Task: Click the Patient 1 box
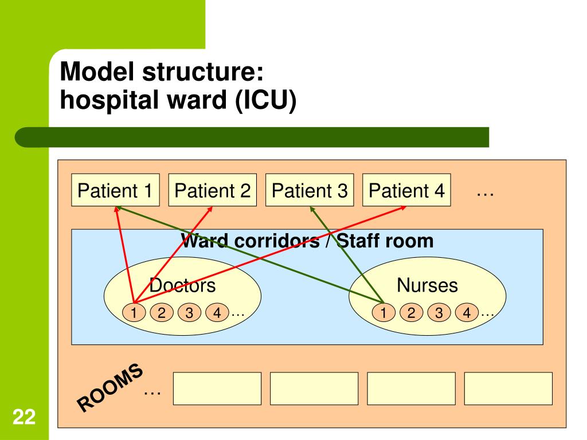[x=115, y=190]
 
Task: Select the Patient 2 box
[x=213, y=190]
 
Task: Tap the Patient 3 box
[x=310, y=190]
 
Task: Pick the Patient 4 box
[x=406, y=190]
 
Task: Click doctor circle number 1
[x=134, y=312]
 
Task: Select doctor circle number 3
[x=189, y=312]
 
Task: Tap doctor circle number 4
[x=217, y=312]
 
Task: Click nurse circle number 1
[x=383, y=312]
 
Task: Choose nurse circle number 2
[x=411, y=312]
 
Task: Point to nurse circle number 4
[x=467, y=312]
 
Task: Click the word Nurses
[x=427, y=285]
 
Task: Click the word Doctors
[x=182, y=285]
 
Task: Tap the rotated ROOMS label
[x=109, y=387]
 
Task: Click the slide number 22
[x=24, y=417]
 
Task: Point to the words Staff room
[x=385, y=241]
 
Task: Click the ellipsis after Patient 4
[x=485, y=194]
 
